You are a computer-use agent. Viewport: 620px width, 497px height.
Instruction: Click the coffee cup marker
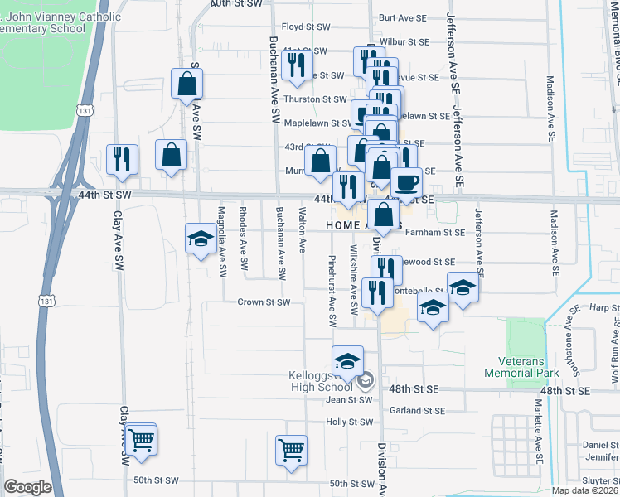(406, 182)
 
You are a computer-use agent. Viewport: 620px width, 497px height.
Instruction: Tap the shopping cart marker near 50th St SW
(292, 451)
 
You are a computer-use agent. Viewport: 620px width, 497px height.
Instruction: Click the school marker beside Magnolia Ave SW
(200, 240)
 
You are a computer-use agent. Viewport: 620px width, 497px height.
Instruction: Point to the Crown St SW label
(264, 302)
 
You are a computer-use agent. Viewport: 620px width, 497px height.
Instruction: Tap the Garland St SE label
(417, 410)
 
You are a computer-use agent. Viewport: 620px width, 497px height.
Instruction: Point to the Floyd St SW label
(306, 27)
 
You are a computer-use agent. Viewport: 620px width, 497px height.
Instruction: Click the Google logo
(27, 486)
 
